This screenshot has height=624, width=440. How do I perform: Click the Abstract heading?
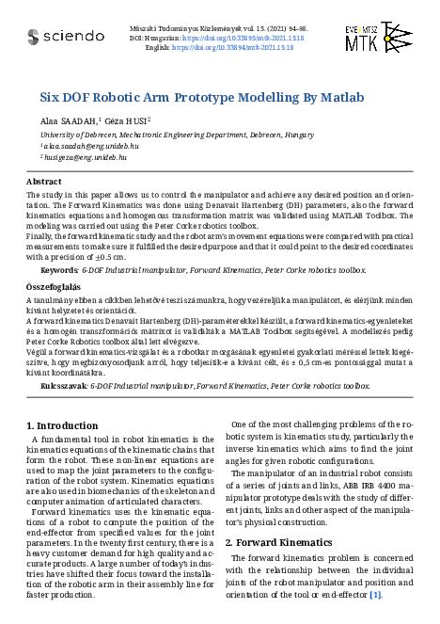(x=44, y=181)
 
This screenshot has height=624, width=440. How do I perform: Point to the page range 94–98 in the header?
(x=278, y=30)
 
